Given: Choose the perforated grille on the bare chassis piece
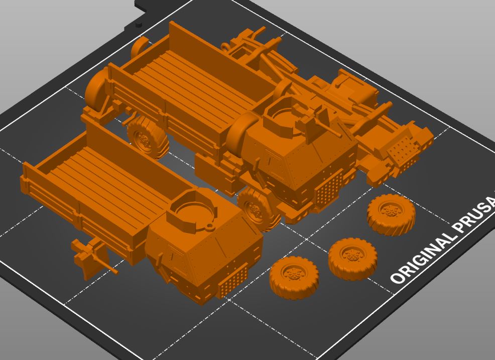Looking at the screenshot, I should click(404, 151).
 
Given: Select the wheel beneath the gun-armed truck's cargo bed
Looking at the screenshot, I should click(146, 137).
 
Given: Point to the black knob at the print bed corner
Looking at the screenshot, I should click(139, 24).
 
